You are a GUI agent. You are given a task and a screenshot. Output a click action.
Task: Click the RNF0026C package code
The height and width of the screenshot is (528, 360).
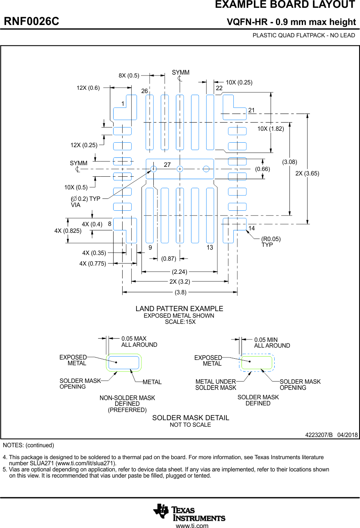click(x=32, y=21)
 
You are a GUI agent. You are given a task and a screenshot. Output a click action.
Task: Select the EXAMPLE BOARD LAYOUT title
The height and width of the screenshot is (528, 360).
click(x=285, y=5)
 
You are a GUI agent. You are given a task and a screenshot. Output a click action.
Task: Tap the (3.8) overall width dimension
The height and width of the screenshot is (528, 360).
click(x=180, y=292)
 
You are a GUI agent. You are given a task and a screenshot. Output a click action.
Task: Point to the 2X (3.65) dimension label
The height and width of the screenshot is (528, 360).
click(x=307, y=173)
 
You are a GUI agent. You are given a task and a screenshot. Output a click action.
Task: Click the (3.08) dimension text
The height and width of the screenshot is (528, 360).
click(x=289, y=162)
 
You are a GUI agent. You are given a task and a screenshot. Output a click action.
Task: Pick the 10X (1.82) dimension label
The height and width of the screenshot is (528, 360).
click(x=271, y=129)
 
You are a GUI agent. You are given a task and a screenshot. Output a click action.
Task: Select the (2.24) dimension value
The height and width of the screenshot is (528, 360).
click(x=180, y=271)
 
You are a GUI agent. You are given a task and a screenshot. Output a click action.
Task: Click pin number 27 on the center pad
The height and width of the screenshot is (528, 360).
click(x=167, y=165)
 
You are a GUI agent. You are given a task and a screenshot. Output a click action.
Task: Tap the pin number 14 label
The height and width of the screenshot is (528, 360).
click(x=252, y=228)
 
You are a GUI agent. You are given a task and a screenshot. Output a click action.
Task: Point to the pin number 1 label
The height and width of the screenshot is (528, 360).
click(x=122, y=104)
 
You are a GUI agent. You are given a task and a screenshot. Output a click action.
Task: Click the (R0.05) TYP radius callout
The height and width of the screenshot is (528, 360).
click(x=271, y=241)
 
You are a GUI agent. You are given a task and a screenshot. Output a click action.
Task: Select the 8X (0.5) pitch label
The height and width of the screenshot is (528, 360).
click(x=129, y=75)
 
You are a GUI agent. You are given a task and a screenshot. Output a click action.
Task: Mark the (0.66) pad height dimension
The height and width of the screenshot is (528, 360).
click(x=262, y=169)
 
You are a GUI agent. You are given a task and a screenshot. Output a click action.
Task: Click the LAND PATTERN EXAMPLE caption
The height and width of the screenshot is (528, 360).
click(x=180, y=309)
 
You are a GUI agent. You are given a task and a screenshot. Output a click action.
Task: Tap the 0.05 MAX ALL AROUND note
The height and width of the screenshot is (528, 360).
click(x=139, y=342)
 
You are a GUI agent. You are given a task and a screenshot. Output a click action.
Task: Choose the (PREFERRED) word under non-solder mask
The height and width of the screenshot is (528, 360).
click(x=127, y=410)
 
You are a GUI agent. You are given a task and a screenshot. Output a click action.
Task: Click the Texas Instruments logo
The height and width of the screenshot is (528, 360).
click(x=189, y=512)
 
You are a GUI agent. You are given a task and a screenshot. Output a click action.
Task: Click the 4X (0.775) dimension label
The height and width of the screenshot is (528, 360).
click(x=93, y=264)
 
